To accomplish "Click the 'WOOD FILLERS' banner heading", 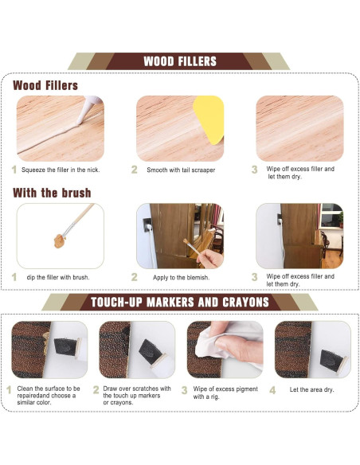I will (179, 61).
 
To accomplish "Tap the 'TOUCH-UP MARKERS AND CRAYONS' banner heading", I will (179, 302).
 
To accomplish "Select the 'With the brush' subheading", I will (52, 193).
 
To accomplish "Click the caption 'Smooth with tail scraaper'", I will (181, 170).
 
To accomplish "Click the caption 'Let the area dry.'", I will (312, 390).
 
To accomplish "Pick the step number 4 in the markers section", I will (272, 390).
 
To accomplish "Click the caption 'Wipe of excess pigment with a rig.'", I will (225, 393).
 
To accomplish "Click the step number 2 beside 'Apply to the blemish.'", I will (134, 277).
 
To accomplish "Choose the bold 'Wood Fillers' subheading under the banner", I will (45, 84).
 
